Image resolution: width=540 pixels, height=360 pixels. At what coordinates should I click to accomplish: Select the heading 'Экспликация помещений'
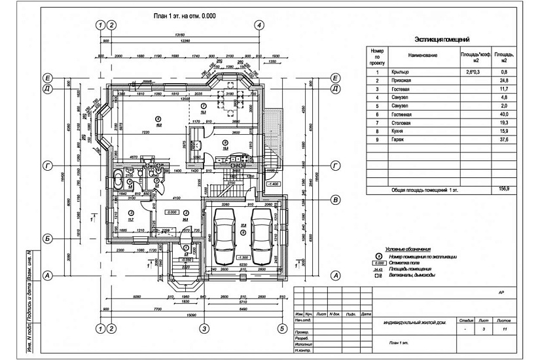[x=442, y=40]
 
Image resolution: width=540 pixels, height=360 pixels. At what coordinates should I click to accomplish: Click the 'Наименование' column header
[x=422, y=55]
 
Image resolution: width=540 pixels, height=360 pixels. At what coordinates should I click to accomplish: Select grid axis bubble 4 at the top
[x=260, y=25]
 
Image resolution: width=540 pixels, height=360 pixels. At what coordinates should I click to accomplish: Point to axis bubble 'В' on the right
[x=334, y=200]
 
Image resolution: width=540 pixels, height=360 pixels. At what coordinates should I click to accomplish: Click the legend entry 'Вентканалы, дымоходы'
[x=412, y=276]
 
